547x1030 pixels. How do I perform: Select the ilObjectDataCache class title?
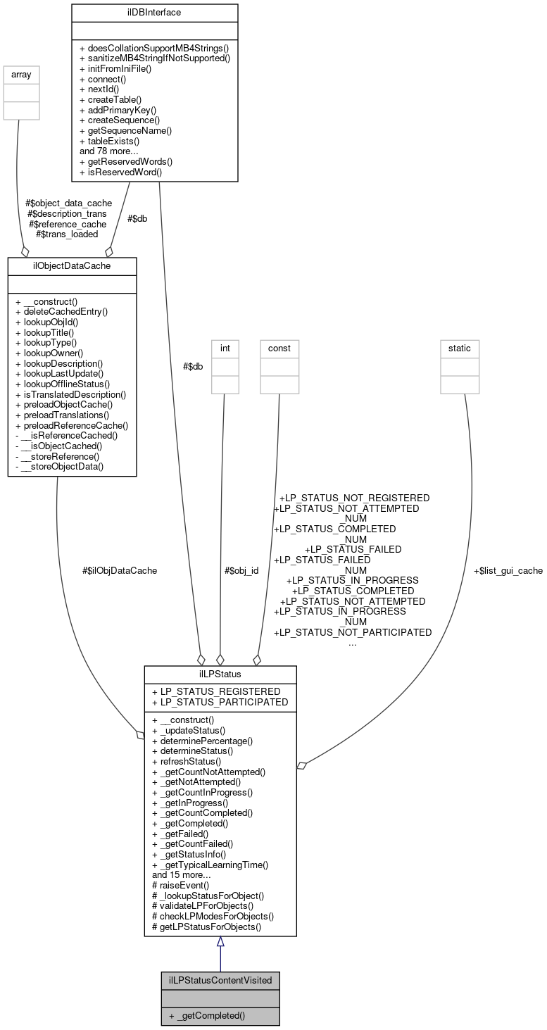click(72, 265)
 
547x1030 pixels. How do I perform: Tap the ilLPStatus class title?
click(220, 674)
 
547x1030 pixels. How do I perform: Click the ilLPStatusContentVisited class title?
click(220, 980)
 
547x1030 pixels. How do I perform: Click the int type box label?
click(225, 348)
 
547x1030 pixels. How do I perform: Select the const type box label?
click(279, 348)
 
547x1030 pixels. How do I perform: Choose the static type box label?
click(460, 348)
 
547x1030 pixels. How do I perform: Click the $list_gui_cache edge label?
click(508, 571)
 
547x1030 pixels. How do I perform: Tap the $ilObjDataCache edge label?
click(120, 571)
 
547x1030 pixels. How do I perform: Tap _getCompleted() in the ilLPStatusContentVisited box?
click(206, 1017)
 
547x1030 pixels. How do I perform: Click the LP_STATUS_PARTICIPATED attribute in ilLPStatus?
click(220, 702)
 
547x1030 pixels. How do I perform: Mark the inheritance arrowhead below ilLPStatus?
click(220, 942)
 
